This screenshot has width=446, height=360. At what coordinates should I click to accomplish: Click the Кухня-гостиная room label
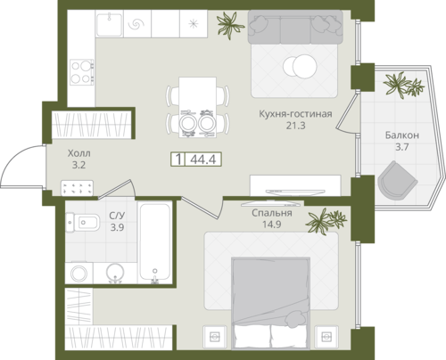pos(295,114)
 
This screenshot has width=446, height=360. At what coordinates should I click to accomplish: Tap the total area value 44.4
pos(203,160)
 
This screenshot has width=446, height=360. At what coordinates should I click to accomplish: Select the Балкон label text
pos(402,135)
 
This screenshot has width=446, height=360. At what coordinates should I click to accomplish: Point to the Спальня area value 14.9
pos(271,225)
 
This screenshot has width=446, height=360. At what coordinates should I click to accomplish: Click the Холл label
pos(79,153)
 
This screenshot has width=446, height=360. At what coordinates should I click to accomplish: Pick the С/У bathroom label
pos(117,215)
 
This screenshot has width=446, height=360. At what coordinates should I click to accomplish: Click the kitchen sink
pos(109,23)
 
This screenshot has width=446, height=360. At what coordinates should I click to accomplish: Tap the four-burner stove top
pos(82,71)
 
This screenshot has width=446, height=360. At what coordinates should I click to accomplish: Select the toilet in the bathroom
pos(82,222)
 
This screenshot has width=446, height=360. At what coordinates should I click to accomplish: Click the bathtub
pos(155,241)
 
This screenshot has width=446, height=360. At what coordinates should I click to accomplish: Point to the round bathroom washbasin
pos(115,273)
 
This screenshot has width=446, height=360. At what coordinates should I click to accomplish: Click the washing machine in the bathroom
pos(78,273)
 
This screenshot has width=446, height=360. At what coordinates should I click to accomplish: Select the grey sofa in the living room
pos(295,28)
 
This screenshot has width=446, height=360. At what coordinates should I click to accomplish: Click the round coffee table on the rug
pos(300,67)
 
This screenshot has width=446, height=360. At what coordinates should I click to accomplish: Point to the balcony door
pos(347,112)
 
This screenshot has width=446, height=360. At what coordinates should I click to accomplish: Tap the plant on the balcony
pos(404,85)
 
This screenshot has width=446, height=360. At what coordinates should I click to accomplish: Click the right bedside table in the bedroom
pos(326,337)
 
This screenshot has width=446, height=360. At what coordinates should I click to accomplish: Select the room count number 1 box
pos(178,160)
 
